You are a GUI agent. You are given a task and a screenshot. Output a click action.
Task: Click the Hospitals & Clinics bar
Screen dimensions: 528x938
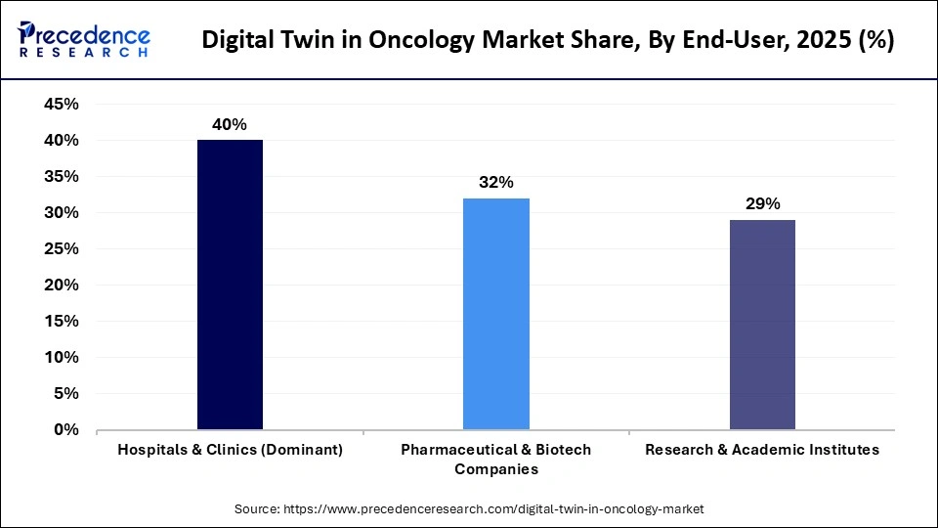point(230,285)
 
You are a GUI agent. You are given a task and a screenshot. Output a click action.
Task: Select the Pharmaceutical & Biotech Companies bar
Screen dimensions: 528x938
point(496,314)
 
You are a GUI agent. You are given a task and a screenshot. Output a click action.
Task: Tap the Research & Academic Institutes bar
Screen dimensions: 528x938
point(762,325)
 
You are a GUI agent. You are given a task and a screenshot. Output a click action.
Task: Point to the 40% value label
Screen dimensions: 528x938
point(230,124)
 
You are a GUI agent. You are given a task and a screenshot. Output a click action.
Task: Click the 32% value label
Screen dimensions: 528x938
point(496,183)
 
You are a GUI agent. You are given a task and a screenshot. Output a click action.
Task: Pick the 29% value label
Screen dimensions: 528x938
point(762,204)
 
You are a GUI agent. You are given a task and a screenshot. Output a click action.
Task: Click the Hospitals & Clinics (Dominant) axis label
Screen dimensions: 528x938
point(230,450)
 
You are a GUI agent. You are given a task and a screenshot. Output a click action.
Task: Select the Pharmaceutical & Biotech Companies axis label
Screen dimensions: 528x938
point(496,459)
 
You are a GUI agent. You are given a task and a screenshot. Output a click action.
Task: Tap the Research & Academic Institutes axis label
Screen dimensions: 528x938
point(762,450)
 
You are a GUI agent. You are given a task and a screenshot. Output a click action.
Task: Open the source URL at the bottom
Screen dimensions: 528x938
point(492,509)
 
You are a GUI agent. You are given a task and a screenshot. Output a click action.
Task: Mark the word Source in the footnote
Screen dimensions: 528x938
point(256,509)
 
